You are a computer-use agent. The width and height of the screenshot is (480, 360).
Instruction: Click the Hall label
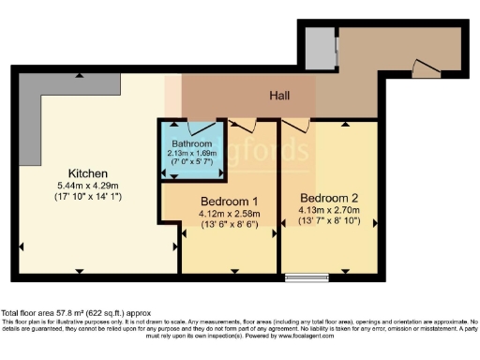tap(279, 96)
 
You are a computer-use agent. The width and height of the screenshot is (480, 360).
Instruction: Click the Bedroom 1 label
tap(229, 201)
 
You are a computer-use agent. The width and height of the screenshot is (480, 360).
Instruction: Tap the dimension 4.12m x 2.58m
tap(229, 213)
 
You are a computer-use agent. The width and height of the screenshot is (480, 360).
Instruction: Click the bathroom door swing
tap(200, 127)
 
